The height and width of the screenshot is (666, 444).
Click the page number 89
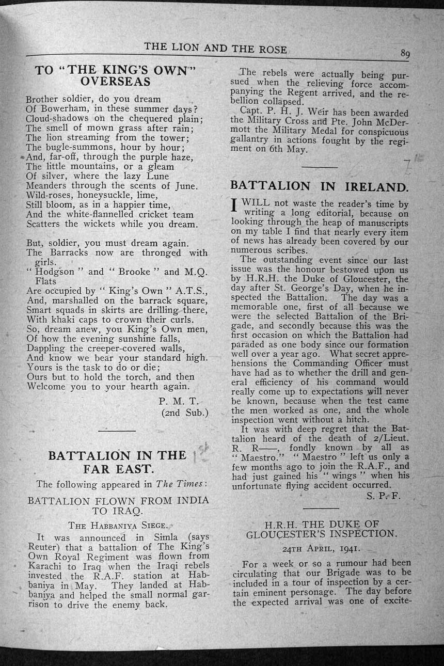[404, 54]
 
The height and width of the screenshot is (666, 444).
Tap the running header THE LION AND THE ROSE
[215, 48]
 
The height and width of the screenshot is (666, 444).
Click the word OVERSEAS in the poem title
[116, 82]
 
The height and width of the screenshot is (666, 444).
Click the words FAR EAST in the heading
[118, 469]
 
